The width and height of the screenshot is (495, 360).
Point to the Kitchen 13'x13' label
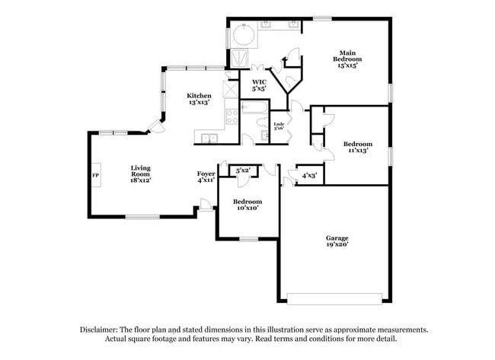pos(199,99)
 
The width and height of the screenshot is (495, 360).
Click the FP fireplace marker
pos(96,176)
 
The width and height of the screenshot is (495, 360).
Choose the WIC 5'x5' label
pos(258,85)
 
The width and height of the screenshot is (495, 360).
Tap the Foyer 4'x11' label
pos(206,177)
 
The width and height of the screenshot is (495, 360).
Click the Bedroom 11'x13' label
pos(357,148)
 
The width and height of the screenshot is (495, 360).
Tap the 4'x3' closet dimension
pos(309,176)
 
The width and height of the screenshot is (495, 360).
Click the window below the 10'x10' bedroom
pos(249,239)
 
